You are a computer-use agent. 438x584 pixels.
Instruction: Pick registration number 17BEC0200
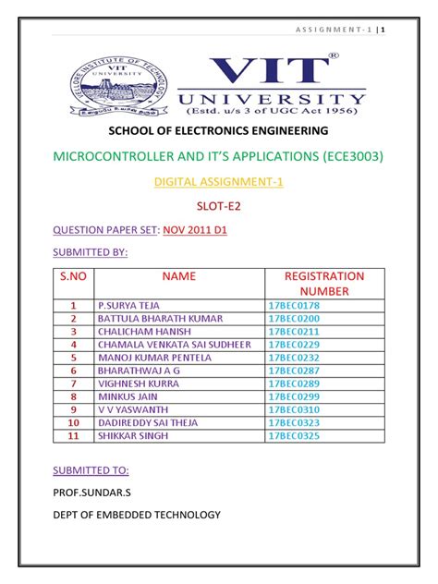click(x=293, y=318)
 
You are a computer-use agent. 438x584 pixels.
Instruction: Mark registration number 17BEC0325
click(x=293, y=435)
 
